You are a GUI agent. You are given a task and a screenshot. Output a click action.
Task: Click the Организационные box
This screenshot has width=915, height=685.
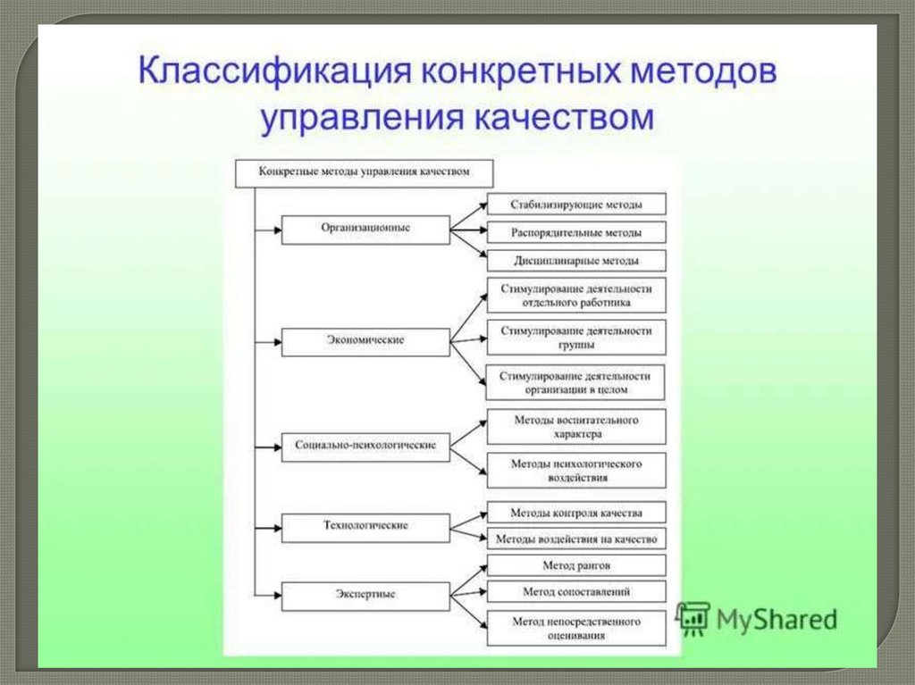coord(365,229)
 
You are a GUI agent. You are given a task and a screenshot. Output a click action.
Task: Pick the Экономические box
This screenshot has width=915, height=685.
coord(365,341)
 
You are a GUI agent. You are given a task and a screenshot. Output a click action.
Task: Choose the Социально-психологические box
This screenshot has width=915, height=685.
coord(365,445)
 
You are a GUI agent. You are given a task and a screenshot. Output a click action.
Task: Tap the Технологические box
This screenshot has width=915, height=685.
coord(365,526)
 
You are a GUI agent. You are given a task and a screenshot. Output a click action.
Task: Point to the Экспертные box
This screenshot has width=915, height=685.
coord(365,594)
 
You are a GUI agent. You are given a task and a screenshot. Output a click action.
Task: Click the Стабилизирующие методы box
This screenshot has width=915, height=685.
coord(576,205)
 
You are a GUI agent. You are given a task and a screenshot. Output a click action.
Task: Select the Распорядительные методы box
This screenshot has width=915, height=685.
coord(576,233)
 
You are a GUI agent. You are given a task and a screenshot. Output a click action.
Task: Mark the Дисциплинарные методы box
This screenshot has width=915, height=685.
coord(576,261)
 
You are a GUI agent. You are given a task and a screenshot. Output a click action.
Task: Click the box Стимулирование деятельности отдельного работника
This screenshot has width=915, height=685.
coord(576,297)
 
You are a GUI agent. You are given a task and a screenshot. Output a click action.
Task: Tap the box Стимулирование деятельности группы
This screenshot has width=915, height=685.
coord(576,338)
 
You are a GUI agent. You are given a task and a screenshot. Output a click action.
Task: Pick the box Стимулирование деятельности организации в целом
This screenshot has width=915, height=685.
coord(576,381)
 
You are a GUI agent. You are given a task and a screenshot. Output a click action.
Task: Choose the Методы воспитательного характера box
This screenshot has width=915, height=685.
coord(576,426)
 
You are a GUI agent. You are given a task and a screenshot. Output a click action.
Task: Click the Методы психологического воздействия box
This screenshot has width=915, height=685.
coord(576,471)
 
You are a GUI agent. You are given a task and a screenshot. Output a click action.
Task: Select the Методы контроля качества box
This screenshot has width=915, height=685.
coord(576,513)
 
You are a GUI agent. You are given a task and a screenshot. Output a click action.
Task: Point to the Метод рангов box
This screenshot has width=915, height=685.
coord(576,565)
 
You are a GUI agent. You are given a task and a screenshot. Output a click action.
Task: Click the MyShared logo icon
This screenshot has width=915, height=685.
coord(693,618)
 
